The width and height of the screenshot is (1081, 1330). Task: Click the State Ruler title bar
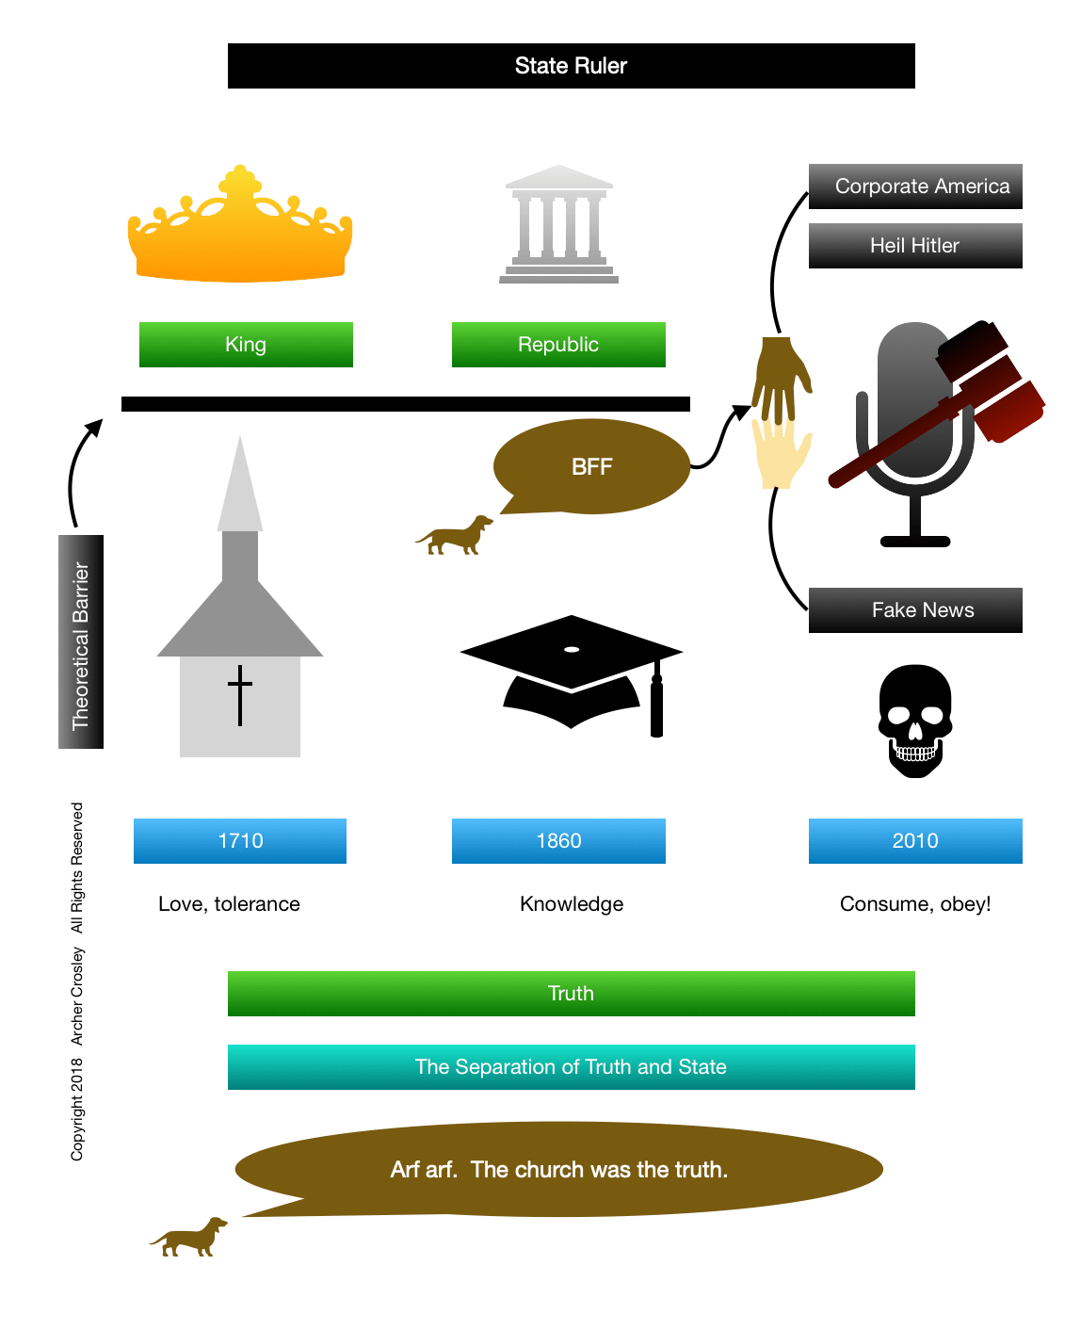(571, 66)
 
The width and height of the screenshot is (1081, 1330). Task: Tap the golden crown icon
(240, 231)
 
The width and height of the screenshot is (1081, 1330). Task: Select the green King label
(246, 345)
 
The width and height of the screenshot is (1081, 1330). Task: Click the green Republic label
(558, 345)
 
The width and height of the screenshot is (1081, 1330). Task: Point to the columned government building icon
(558, 226)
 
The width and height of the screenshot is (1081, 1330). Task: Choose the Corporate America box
(915, 187)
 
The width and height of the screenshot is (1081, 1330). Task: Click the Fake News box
(915, 610)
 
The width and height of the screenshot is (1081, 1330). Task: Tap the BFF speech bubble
(591, 466)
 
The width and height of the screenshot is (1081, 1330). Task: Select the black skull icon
(915, 721)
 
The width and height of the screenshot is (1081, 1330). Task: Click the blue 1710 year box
(240, 841)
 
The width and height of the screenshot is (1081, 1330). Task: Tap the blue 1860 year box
(558, 841)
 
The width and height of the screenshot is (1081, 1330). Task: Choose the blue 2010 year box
(915, 841)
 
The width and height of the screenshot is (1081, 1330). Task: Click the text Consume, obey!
(915, 904)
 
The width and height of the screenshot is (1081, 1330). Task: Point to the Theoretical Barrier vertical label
(81, 642)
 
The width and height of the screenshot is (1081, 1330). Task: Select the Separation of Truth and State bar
(571, 1067)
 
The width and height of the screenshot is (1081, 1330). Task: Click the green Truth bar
(571, 994)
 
